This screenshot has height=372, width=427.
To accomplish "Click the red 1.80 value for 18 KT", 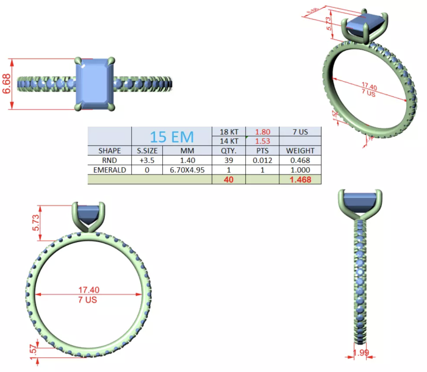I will click(262, 131).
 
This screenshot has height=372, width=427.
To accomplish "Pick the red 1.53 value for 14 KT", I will click(262, 141).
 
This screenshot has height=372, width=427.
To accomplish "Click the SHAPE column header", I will click(110, 151).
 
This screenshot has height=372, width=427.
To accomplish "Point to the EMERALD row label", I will click(110, 170).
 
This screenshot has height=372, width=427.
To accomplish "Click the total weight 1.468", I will click(297, 180).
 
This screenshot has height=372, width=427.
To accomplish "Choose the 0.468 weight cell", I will click(297, 160).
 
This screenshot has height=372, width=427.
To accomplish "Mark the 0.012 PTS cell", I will click(262, 160).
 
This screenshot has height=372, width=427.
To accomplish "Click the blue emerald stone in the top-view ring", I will click(95, 84).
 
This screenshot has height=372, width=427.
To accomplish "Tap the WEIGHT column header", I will click(297, 151).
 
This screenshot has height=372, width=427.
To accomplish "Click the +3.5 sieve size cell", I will click(147, 160).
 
